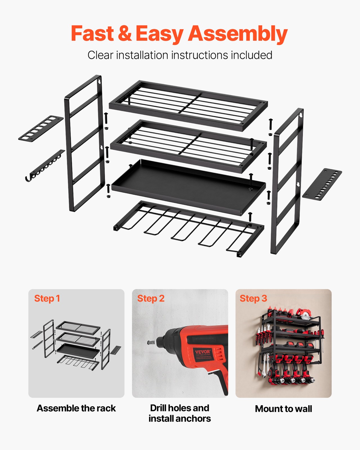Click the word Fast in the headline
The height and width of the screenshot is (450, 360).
click(92, 34)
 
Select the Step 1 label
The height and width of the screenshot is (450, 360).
click(47, 298)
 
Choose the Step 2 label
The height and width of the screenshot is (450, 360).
click(151, 298)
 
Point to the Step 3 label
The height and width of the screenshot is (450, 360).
click(253, 298)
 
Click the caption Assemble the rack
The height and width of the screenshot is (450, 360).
click(76, 408)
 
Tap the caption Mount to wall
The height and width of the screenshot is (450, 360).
click(283, 409)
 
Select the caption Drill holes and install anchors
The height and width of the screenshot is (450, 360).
click(180, 413)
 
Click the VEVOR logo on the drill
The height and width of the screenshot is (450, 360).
click(203, 352)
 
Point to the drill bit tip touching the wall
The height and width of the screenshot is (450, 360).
click(149, 343)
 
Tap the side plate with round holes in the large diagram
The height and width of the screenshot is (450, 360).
click(322, 184)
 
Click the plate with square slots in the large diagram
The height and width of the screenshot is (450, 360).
click(41, 129)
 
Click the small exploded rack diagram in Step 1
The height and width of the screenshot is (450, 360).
click(76, 345)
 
